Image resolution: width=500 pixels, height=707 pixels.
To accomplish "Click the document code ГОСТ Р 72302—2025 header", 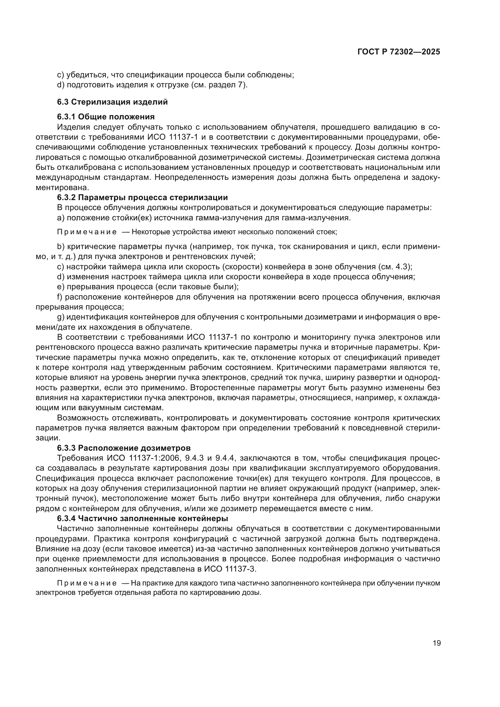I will (399, 52).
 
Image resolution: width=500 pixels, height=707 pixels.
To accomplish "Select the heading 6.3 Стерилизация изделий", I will (112, 102).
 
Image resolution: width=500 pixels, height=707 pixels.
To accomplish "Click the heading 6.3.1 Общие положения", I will (106, 117).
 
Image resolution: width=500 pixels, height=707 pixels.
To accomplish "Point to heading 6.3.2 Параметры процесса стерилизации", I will (142, 197).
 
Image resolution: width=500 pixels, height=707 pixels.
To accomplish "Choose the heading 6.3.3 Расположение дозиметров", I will (124, 448).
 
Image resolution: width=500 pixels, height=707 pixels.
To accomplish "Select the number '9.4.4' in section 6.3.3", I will (226, 458).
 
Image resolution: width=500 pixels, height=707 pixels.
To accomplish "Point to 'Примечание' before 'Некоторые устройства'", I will (87, 232).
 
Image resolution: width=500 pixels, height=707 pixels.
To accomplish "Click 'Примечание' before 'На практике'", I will (87, 583).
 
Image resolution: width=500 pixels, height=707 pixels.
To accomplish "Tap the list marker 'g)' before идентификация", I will (61, 317).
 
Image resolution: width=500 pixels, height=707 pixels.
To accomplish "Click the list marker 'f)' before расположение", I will (60, 297).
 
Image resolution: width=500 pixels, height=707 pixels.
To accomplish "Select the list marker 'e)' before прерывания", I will (61, 287).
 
